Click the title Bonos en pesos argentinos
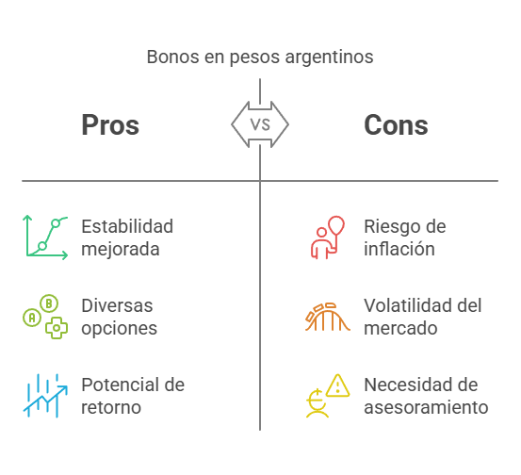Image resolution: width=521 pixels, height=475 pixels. [260, 57]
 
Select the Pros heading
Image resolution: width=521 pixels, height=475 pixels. [110, 125]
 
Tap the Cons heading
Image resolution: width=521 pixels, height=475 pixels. [396, 125]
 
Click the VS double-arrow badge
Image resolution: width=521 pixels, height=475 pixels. [260, 124]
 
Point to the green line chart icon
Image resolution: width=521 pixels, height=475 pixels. [45, 237]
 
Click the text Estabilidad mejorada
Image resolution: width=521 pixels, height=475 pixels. [127, 237]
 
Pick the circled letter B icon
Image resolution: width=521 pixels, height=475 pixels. [49, 303]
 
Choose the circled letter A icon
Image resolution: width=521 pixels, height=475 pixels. [32, 318]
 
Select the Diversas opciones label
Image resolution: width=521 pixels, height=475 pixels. [120, 318]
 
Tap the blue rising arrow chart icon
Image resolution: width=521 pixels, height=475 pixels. [45, 396]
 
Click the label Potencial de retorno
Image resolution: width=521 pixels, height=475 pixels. [133, 396]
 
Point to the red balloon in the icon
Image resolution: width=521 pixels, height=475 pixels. [336, 225]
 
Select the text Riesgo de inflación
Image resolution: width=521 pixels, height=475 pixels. [405, 237]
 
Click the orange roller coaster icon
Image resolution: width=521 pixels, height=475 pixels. [328, 317]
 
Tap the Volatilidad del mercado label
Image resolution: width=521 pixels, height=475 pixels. [423, 317]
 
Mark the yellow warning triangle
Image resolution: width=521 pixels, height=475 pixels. [337, 385]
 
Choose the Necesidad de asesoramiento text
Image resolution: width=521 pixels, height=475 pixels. [426, 396]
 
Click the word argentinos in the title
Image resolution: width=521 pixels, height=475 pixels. [330, 57]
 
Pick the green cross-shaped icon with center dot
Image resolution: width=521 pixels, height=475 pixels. [57, 328]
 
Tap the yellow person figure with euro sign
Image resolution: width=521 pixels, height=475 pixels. [317, 403]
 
